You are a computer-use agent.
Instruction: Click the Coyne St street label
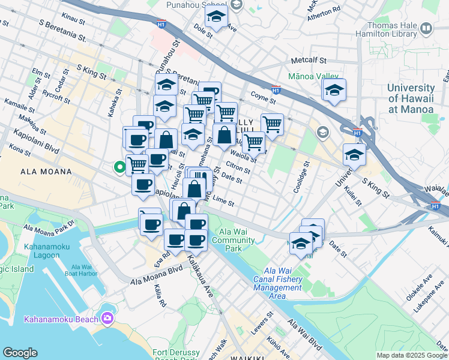[262, 95]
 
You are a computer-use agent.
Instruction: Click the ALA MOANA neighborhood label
[46, 172]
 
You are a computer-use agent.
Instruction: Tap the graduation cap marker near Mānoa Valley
[334, 91]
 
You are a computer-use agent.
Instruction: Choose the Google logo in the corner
[20, 353]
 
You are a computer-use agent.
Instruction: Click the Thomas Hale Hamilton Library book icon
[426, 28]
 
